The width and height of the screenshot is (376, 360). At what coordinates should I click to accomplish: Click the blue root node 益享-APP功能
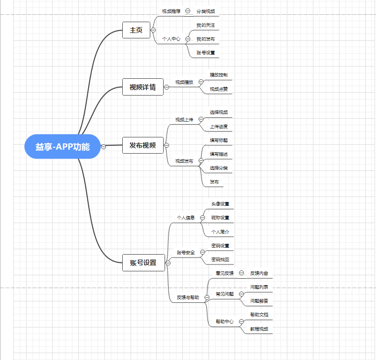(62, 146)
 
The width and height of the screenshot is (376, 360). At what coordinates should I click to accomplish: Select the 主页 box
(136, 31)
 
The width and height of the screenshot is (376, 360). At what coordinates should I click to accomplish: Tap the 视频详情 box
(142, 88)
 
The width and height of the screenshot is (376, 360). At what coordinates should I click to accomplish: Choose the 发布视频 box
(142, 145)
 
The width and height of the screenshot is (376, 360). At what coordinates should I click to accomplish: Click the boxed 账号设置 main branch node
(143, 263)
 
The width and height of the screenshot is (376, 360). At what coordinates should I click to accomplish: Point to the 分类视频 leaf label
(205, 11)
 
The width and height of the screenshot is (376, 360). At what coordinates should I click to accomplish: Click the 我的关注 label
(205, 25)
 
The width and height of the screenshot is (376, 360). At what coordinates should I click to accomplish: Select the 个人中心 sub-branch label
(171, 38)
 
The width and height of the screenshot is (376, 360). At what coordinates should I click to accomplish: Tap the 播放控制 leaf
(219, 75)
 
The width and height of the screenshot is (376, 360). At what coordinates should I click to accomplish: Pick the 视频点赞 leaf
(219, 89)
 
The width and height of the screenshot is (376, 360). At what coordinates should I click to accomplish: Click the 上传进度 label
(219, 127)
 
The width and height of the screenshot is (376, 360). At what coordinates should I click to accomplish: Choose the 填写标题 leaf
(219, 140)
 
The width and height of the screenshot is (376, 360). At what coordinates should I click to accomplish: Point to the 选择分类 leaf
(219, 168)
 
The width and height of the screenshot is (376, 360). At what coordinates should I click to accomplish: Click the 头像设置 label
(220, 204)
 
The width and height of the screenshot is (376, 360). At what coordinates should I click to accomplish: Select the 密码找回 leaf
(220, 260)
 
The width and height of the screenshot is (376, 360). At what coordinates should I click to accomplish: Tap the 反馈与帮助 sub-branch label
(188, 297)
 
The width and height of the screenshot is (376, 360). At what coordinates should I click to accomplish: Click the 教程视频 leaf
(259, 328)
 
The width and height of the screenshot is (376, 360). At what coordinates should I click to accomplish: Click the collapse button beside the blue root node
(103, 146)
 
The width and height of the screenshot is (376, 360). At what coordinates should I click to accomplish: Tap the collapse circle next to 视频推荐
(188, 11)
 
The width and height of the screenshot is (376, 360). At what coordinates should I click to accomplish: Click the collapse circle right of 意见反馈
(241, 272)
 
